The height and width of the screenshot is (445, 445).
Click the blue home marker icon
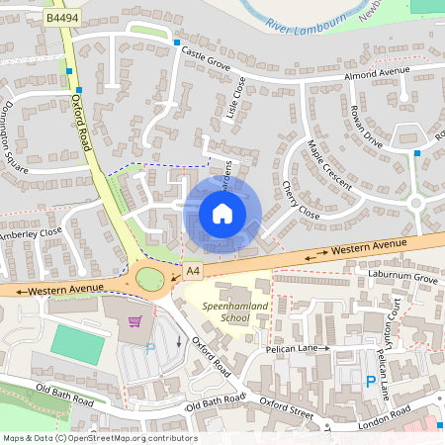click(222, 213)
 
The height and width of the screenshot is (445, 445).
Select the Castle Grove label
click(205, 59)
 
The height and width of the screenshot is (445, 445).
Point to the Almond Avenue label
click(376, 75)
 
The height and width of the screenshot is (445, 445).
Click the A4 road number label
click(192, 269)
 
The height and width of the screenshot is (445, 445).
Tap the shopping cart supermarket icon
click(135, 321)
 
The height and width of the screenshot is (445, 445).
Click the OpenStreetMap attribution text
click(100, 438)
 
